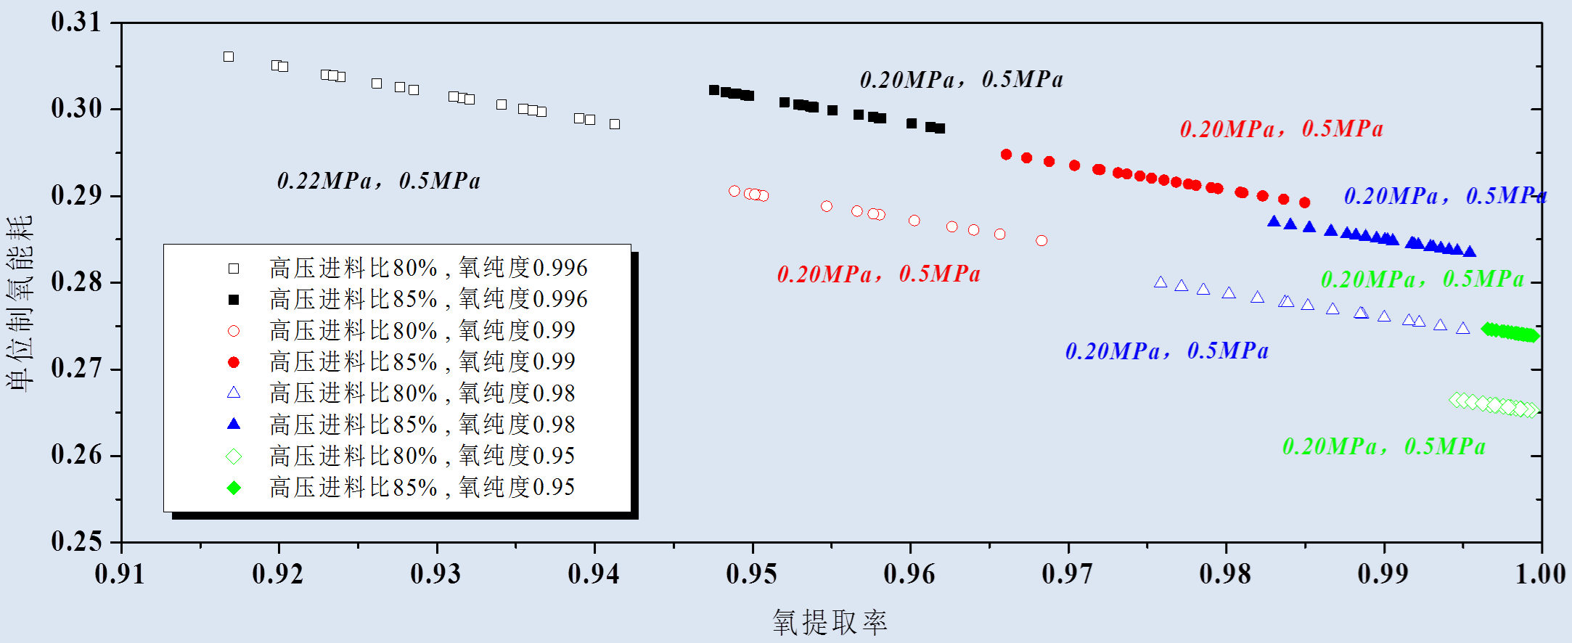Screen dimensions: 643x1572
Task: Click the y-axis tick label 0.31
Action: pyautogui.click(x=76, y=22)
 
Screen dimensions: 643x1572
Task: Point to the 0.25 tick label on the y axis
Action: pyautogui.click(x=76, y=541)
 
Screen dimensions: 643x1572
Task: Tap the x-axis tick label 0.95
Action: pyautogui.click(x=751, y=575)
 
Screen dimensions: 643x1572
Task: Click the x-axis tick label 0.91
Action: pyautogui.click(x=120, y=575)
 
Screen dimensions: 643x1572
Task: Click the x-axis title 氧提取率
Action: pyautogui.click(x=830, y=623)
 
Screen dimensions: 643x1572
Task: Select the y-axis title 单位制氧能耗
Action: pyautogui.click(x=20, y=303)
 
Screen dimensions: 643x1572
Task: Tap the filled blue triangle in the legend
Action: pyautogui.click(x=234, y=424)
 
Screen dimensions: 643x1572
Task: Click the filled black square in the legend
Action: pyautogui.click(x=234, y=300)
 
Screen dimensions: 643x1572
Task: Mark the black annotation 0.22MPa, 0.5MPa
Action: pyautogui.click(x=378, y=181)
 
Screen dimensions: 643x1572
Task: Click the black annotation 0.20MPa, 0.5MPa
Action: pyautogui.click(x=961, y=80)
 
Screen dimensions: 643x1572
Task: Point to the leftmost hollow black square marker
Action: pyautogui.click(x=229, y=57)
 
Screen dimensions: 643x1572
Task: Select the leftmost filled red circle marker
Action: pyautogui.click(x=1006, y=155)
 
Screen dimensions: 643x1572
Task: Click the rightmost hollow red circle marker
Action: pyautogui.click(x=1041, y=241)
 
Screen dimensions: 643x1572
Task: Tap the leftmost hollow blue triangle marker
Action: pyautogui.click(x=1160, y=282)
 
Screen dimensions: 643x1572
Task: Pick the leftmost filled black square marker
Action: pyautogui.click(x=714, y=90)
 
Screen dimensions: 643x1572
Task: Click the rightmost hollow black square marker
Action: pyautogui.click(x=615, y=124)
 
